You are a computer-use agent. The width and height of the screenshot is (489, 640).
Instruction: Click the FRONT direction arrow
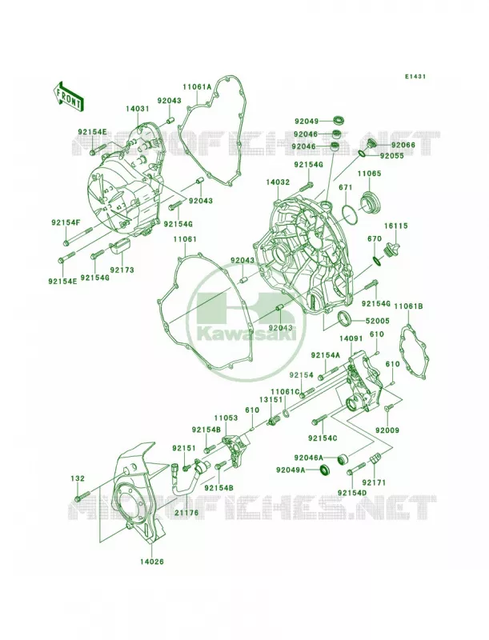click(68, 96)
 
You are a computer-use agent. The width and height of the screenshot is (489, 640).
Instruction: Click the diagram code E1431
click(415, 76)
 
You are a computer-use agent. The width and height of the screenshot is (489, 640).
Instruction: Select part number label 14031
click(137, 109)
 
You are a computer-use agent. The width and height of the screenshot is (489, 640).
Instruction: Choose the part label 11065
click(370, 174)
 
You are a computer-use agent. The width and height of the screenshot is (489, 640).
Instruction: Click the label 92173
click(121, 270)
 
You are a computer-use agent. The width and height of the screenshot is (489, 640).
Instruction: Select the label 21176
click(186, 512)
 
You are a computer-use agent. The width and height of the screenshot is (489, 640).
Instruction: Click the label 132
click(78, 478)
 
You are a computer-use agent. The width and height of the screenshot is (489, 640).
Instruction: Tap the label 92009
click(387, 430)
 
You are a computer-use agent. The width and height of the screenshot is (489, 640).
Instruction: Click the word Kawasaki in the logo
click(247, 335)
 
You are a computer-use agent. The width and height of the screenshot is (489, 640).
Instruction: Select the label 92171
click(376, 483)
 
